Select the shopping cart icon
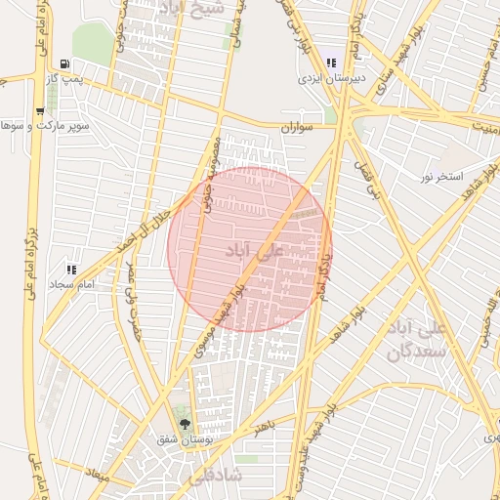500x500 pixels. coord(38,111)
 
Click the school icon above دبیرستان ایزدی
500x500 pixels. coord(332,62)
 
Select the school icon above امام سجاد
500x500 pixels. coord(70,269)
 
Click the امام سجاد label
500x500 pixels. coord(70,283)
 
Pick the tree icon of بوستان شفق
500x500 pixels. coord(186,424)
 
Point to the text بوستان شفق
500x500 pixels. coord(186,439)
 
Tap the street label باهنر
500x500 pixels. coord(262,428)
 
